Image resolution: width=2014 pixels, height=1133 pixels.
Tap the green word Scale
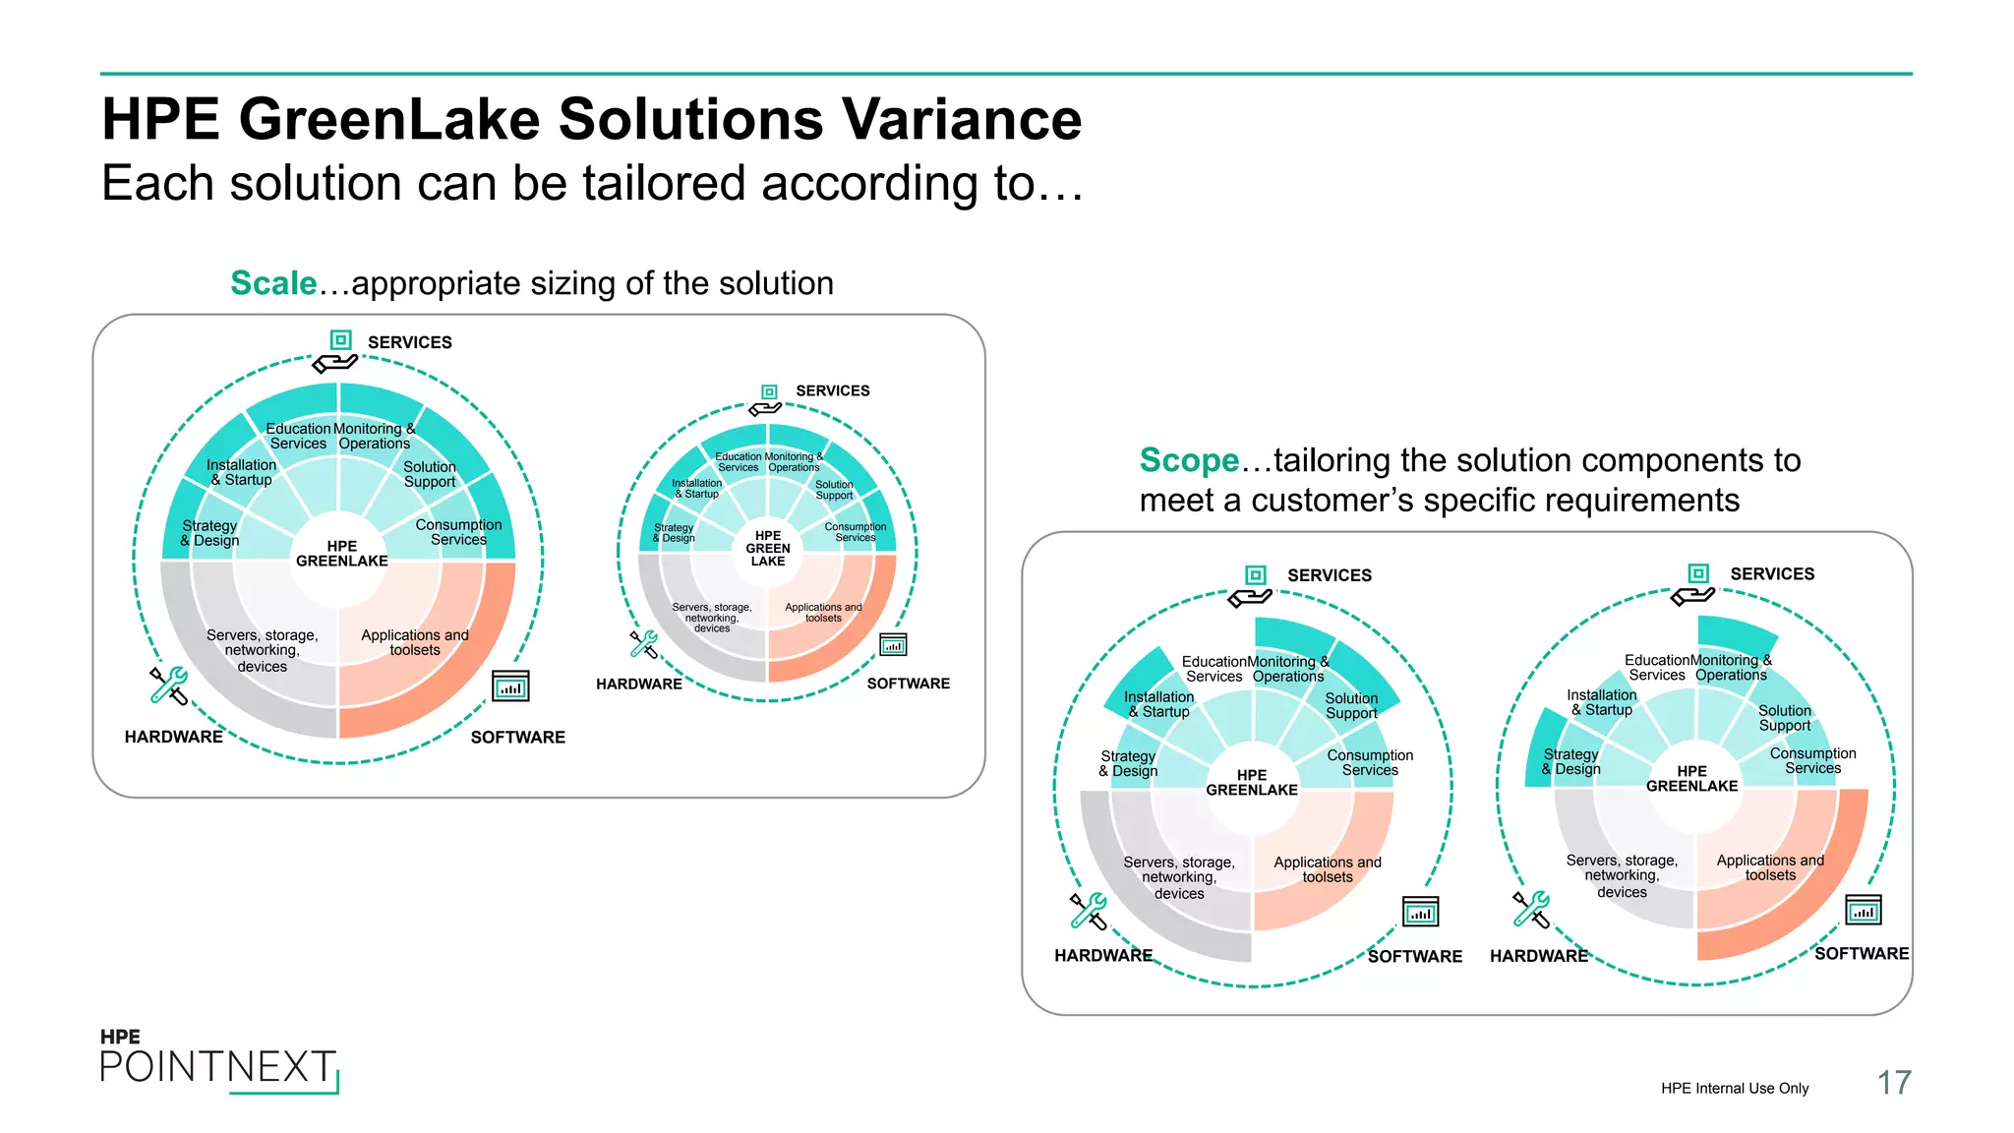[272, 283]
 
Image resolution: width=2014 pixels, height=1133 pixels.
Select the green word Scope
[1188, 460]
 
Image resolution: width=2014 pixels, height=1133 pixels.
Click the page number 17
[1893, 1083]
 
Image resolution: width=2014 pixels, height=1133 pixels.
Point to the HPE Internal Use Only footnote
[1734, 1088]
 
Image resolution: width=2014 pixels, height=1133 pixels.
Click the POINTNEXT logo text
[217, 1067]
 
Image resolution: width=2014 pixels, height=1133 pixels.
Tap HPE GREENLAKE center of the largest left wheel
[341, 554]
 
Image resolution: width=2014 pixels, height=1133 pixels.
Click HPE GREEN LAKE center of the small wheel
[768, 549]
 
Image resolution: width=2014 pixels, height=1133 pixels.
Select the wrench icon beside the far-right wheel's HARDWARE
[1530, 909]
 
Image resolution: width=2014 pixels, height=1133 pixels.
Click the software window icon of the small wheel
[893, 645]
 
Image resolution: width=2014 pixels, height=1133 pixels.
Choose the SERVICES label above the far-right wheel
[1772, 574]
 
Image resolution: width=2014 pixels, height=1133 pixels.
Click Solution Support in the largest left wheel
[430, 474]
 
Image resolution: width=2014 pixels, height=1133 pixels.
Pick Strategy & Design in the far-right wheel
[1570, 761]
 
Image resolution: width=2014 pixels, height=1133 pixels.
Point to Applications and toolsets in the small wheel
[823, 613]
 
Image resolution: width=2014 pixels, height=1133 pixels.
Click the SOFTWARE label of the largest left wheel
[517, 738]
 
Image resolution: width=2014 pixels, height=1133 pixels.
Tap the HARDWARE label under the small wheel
[638, 685]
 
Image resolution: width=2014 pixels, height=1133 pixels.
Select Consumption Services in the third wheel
[1370, 762]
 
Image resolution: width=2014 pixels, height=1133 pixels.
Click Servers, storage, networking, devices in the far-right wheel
[1622, 875]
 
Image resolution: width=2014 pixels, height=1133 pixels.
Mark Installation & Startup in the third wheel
[1158, 704]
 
